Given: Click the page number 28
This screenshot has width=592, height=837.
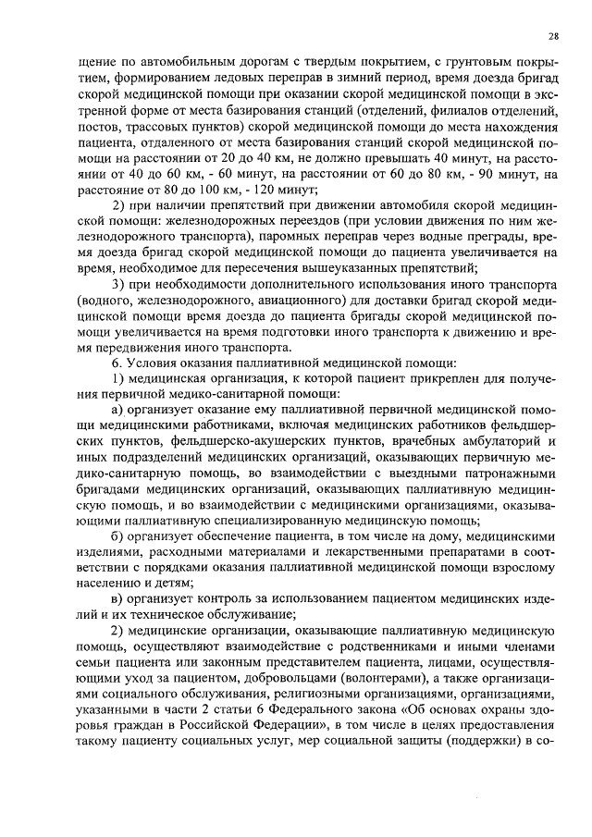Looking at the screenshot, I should click(552, 36).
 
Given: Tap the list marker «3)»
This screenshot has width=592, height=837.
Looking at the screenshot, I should click(118, 282).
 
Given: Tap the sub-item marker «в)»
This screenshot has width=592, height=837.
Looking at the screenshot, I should click(117, 601).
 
